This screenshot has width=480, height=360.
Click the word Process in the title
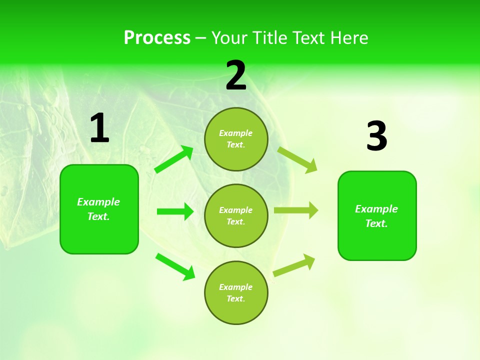click(157, 38)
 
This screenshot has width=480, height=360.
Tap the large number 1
click(99, 128)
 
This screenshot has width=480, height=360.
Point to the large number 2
click(236, 75)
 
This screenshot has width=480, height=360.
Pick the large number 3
click(376, 136)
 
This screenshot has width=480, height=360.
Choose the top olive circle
click(236, 139)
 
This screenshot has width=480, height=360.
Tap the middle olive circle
click(236, 215)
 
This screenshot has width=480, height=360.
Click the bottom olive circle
click(236, 292)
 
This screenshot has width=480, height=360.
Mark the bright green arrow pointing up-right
click(174, 159)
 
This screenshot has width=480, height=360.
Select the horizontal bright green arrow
click(175, 211)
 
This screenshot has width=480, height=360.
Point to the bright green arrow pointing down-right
click(175, 266)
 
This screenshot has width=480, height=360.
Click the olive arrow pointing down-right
click(297, 159)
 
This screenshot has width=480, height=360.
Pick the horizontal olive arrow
click(296, 210)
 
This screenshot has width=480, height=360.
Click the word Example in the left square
click(98, 202)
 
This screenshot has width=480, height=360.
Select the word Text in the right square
click(376, 223)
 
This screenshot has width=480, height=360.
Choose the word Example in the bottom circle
click(235, 287)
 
